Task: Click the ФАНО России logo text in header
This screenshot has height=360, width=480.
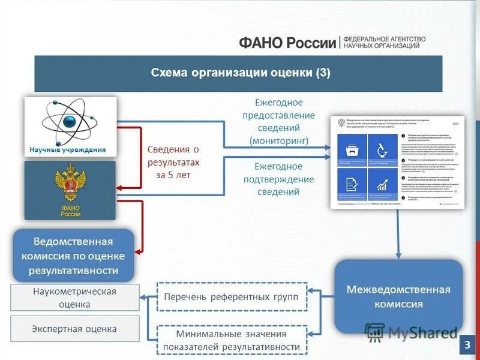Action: (x=287, y=43)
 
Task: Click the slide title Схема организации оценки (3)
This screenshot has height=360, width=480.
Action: (x=240, y=73)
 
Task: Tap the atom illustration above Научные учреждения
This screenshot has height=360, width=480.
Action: (x=69, y=121)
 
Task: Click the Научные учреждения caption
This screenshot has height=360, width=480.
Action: (x=68, y=150)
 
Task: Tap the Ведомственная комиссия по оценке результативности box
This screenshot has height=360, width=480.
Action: (x=73, y=256)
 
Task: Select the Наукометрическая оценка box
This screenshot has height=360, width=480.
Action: (x=74, y=298)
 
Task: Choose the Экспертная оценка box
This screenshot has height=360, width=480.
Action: (x=74, y=329)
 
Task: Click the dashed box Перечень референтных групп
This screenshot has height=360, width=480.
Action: (x=232, y=296)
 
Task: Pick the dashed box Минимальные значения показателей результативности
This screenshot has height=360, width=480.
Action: (x=232, y=340)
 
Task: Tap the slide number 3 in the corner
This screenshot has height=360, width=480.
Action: (x=467, y=346)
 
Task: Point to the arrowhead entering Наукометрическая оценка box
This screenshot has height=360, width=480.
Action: (x=143, y=296)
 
